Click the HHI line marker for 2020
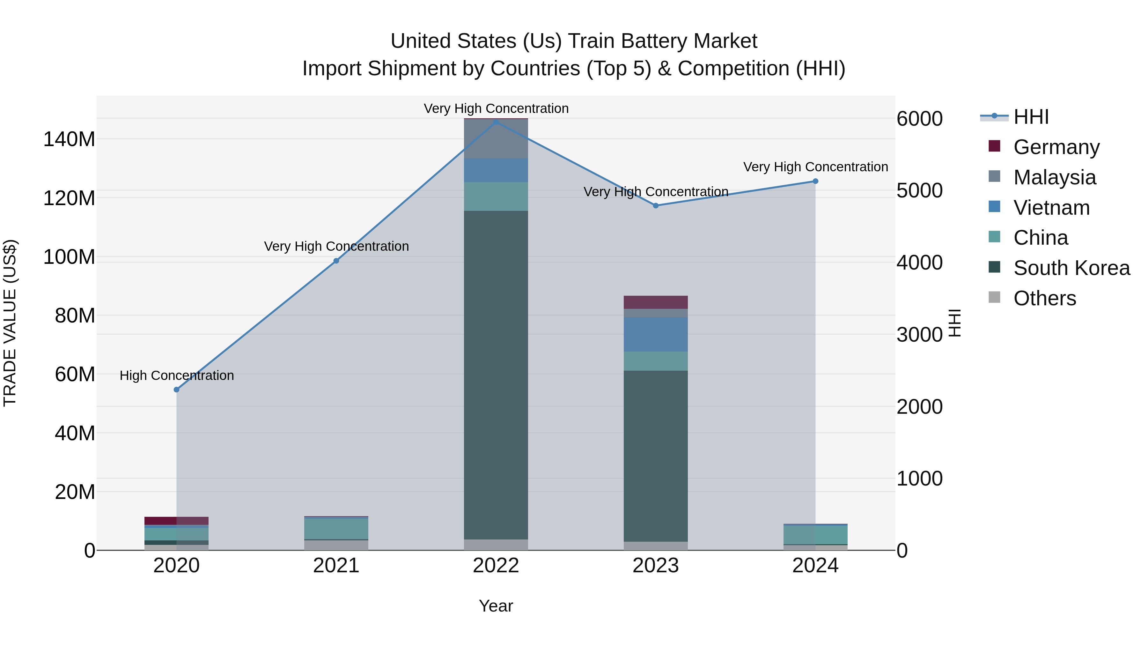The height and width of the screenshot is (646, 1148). pyautogui.click(x=176, y=390)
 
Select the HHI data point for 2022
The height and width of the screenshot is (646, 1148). pyautogui.click(x=496, y=122)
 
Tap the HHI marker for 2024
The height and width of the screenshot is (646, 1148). pyautogui.click(x=815, y=181)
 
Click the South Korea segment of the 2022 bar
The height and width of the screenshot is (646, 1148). pyautogui.click(x=496, y=375)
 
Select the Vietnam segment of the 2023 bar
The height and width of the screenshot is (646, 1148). pyautogui.click(x=656, y=334)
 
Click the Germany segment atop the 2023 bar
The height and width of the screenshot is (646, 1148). pyautogui.click(x=656, y=302)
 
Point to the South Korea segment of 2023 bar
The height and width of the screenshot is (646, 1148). pyautogui.click(x=656, y=455)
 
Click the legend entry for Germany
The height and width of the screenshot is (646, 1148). pyautogui.click(x=1056, y=147)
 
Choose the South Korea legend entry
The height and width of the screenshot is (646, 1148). pyautogui.click(x=1071, y=268)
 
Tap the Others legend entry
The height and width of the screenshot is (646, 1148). pyautogui.click(x=1045, y=298)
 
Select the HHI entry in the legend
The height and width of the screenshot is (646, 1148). pyautogui.click(x=1031, y=117)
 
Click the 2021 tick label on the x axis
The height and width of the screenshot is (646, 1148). pyautogui.click(x=336, y=566)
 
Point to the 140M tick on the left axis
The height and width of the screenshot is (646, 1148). pyautogui.click(x=69, y=139)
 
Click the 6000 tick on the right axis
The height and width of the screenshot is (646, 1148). pyautogui.click(x=919, y=119)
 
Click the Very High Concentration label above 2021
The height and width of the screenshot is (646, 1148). pyautogui.click(x=336, y=246)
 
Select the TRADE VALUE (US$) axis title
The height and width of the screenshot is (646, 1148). pyautogui.click(x=10, y=323)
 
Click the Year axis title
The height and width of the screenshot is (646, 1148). pyautogui.click(x=496, y=606)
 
